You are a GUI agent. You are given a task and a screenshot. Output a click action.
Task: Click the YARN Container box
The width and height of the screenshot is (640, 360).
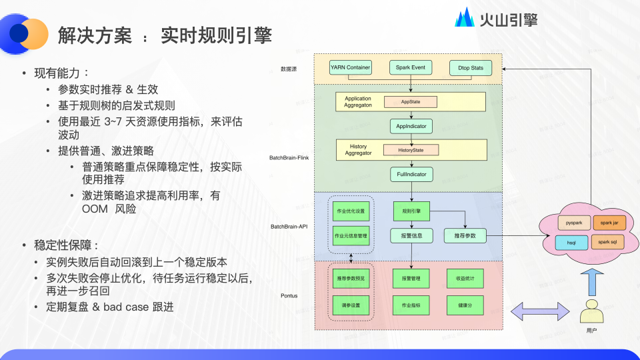350,67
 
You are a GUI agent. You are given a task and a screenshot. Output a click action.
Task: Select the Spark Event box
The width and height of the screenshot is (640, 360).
411,67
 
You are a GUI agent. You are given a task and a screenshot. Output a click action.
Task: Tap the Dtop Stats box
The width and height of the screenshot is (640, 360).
470,68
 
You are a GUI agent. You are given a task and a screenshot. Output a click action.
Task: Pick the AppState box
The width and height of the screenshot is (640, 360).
409,102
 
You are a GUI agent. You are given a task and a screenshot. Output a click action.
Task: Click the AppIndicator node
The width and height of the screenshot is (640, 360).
411,125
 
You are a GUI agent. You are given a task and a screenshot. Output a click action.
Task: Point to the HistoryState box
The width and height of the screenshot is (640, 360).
411,150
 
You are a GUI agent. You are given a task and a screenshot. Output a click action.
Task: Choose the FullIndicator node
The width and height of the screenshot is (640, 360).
411,175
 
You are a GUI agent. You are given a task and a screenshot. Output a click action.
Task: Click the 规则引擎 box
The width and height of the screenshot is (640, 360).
411,211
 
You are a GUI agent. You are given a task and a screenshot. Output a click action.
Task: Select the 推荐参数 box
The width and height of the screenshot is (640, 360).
465,235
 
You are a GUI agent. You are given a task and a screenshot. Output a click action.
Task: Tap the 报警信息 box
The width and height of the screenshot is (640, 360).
411,235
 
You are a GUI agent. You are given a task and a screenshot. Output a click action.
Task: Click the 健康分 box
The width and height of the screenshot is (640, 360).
465,305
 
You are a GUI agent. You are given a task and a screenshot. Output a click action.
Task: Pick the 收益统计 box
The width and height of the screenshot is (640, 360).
465,277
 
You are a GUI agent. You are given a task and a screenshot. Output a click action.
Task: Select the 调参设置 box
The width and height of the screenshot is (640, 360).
350,305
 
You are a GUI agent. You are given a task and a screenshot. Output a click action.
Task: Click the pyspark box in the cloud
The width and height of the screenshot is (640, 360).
574,222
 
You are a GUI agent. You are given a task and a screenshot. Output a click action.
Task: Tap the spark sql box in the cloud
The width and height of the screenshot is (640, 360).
607,241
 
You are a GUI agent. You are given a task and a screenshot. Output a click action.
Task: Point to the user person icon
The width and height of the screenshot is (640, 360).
590,312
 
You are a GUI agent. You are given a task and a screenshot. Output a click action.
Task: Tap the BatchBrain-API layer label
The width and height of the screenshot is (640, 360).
289,227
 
